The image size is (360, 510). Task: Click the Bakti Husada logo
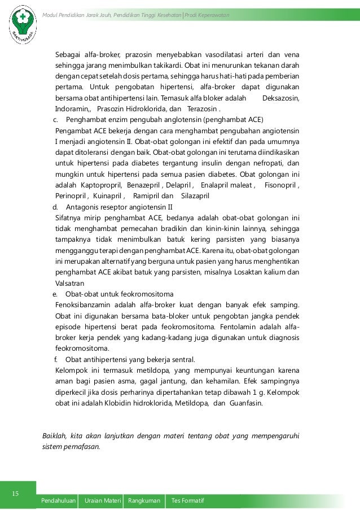(23, 26)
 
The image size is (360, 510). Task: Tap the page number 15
(16, 495)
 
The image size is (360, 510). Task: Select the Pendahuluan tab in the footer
(58, 502)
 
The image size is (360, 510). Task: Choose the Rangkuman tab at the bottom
(143, 502)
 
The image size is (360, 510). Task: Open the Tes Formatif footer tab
(187, 502)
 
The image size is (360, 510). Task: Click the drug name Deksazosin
(282, 98)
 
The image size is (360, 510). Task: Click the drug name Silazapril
(195, 196)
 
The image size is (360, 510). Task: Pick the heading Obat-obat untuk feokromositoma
(120, 295)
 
